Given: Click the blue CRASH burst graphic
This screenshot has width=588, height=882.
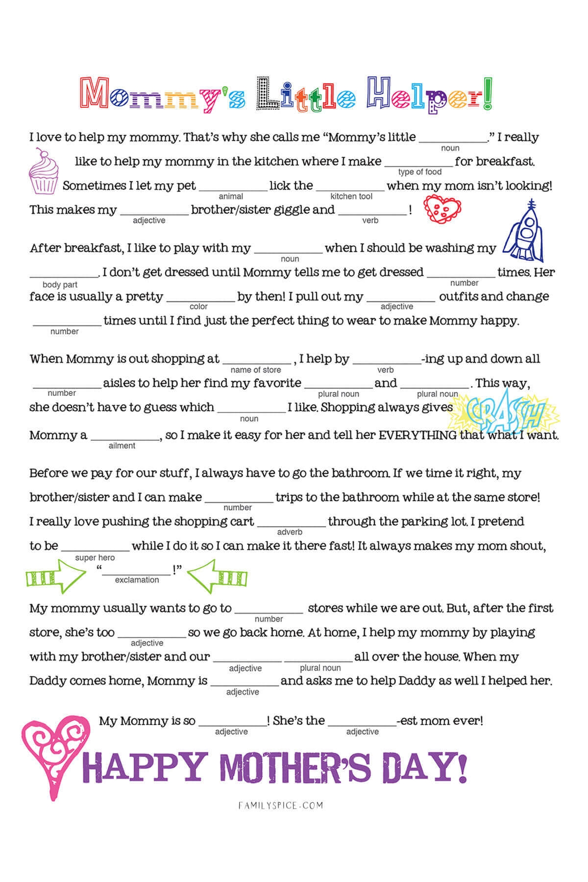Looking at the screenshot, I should (x=505, y=409).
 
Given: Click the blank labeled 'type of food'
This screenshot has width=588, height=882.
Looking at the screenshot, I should (x=419, y=162).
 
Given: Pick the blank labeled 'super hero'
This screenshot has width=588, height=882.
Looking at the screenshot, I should (x=96, y=547).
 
